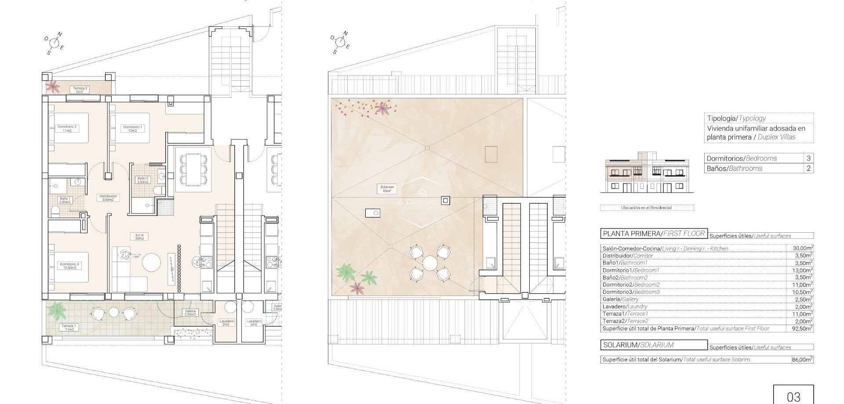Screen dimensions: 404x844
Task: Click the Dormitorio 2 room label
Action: tap(67, 128)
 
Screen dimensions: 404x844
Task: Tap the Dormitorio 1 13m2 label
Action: tap(132, 129)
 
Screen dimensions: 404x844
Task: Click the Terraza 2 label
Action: tap(80, 90)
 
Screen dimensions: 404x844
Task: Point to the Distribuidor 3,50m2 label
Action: tap(108, 198)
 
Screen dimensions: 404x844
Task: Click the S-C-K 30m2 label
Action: tap(139, 237)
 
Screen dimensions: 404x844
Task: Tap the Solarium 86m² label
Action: tap(387, 189)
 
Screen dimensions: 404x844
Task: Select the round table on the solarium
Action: tap(430, 264)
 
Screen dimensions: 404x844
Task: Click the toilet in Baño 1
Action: tap(55, 212)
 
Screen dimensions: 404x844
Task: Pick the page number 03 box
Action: tap(793, 395)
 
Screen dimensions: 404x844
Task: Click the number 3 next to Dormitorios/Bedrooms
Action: tap(808, 158)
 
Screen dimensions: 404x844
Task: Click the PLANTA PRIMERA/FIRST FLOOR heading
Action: tap(654, 234)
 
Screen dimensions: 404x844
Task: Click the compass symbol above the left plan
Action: tap(55, 43)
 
